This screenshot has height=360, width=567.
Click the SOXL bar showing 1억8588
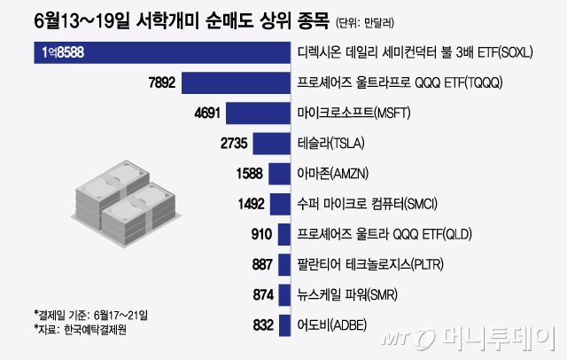pyautogui.click(x=164, y=52)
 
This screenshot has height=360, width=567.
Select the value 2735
pyautogui.click(x=229, y=144)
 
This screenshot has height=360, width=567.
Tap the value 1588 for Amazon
pyautogui.click(x=245, y=174)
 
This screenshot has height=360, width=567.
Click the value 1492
pyautogui.click(x=246, y=204)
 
